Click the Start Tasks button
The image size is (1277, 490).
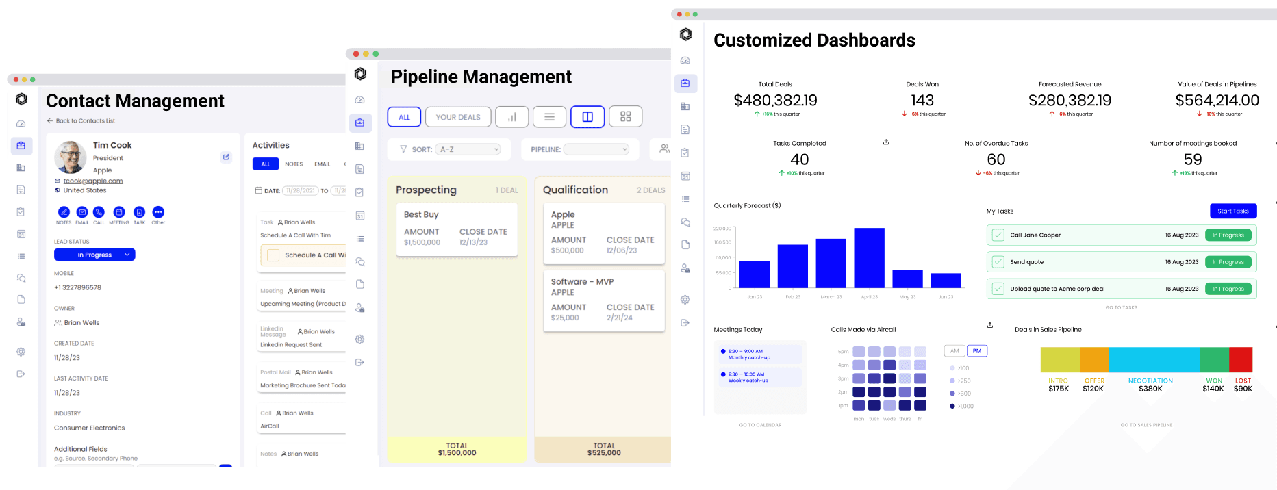coord(1232,211)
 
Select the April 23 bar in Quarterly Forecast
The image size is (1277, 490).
coord(869,258)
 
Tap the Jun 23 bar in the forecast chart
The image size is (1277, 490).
coord(946,281)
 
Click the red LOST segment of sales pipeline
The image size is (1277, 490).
coord(1241,359)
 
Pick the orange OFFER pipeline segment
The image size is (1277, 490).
coord(1094,359)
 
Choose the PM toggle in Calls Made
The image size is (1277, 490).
coord(976,351)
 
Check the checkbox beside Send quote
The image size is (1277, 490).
coord(998,262)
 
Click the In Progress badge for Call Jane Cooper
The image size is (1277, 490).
coord(1228,235)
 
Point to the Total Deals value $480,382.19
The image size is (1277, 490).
coord(775,101)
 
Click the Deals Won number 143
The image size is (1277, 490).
coord(922,101)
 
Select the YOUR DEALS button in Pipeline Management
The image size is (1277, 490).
coord(458,117)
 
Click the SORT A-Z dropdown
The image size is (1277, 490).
coord(469,149)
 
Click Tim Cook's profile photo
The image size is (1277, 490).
coord(70,157)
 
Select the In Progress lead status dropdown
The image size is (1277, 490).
coord(94,255)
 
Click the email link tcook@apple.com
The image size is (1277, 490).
coord(93,181)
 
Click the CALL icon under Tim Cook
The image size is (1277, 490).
coord(99,212)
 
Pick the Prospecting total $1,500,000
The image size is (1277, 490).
coord(457,452)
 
